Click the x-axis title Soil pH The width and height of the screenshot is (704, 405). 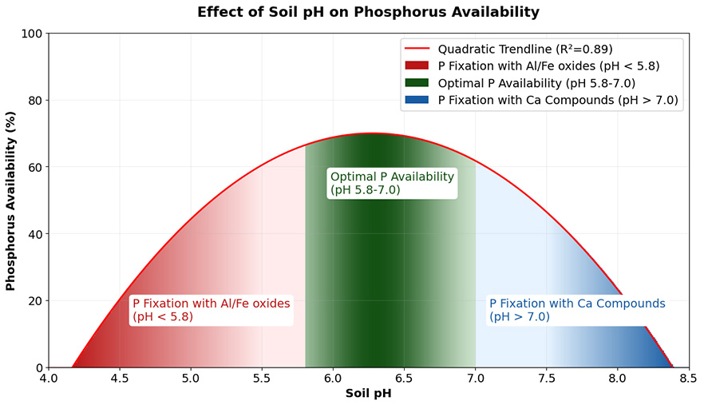pyautogui.click(x=368, y=393)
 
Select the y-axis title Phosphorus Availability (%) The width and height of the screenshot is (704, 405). pyautogui.click(x=11, y=201)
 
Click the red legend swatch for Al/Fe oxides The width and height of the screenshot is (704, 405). pyautogui.click(x=417, y=66)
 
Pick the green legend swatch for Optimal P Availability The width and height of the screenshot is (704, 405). pyautogui.click(x=417, y=83)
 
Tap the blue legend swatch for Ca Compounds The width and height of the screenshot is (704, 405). pyautogui.click(x=417, y=100)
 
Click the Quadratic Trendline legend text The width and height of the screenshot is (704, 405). pyautogui.click(x=525, y=49)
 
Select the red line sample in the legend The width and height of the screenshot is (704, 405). pyautogui.click(x=417, y=49)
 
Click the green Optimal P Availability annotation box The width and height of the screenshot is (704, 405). pyautogui.click(x=392, y=183)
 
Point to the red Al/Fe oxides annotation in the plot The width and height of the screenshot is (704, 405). pyautogui.click(x=212, y=310)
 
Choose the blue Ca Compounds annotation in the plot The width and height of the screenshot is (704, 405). pyautogui.click(x=577, y=310)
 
